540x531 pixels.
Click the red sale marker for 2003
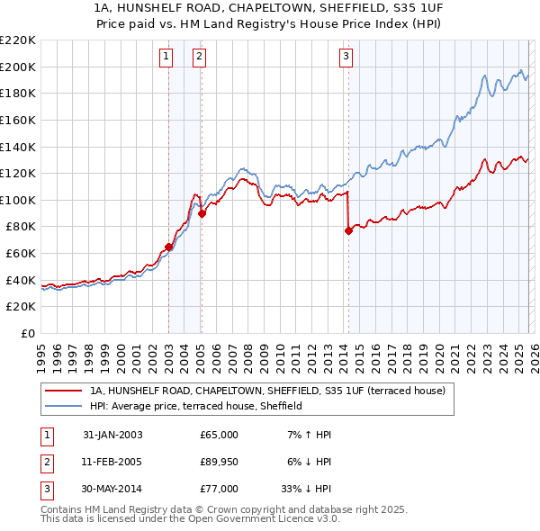[168, 247]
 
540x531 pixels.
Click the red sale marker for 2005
[202, 213]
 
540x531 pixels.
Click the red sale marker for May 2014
[348, 230]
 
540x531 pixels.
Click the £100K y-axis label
[19, 200]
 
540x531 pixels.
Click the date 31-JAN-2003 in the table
[112, 435]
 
